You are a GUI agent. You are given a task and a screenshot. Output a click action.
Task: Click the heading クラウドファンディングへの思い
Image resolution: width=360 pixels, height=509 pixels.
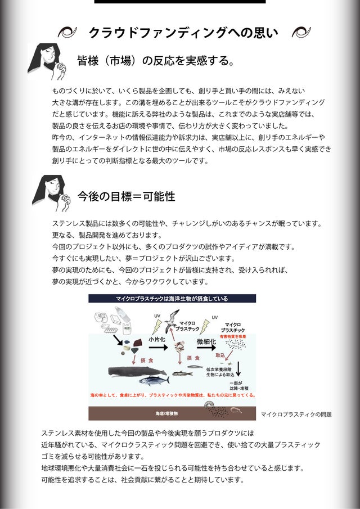183,33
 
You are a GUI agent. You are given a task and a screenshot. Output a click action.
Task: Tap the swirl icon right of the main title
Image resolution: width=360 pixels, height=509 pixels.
300,33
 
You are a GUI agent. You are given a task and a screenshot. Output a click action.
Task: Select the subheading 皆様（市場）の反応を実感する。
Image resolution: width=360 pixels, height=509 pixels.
156,60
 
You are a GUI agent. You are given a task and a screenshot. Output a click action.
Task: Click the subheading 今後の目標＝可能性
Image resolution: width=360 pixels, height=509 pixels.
126,196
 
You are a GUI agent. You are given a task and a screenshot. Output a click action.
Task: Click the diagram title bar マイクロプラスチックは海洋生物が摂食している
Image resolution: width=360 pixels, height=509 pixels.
172,299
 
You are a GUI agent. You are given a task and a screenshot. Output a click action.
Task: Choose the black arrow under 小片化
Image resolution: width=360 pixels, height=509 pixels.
158,348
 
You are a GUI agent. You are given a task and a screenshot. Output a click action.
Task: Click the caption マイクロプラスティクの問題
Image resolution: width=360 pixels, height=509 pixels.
296,415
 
